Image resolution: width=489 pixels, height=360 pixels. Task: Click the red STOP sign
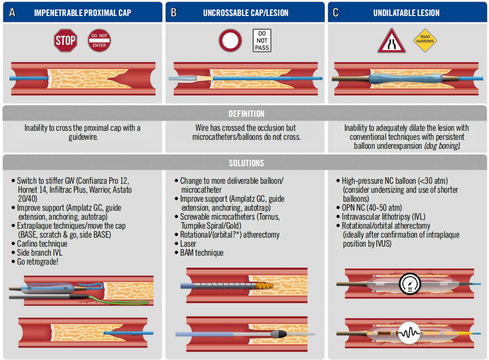(x=65, y=40)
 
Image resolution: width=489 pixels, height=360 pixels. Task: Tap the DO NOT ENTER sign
(x=99, y=40)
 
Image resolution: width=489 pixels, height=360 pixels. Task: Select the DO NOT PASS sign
(x=262, y=40)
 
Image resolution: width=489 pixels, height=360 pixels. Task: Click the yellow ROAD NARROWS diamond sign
(x=425, y=40)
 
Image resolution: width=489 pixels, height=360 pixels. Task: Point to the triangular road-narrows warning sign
(x=391, y=41)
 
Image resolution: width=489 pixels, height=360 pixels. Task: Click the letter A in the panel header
(x=12, y=12)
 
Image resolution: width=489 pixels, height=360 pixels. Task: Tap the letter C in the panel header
(x=335, y=12)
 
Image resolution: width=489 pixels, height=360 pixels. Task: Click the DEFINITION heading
(x=246, y=114)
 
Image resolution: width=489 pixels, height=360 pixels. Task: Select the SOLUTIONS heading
(x=246, y=163)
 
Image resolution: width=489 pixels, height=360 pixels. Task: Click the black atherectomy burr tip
(x=278, y=334)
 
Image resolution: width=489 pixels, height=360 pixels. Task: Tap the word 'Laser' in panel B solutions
(x=188, y=244)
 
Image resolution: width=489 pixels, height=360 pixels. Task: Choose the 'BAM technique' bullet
(x=202, y=253)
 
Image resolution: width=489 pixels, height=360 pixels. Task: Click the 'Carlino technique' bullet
(x=42, y=244)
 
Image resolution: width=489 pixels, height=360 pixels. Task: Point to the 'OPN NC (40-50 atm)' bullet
(x=372, y=208)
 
